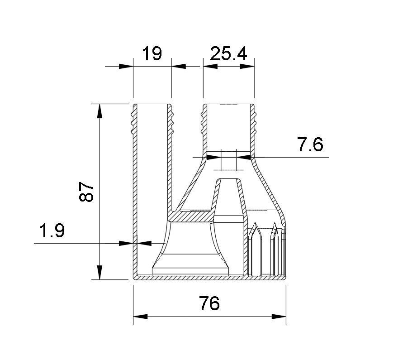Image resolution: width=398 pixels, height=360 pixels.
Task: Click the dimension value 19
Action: coord(152,53)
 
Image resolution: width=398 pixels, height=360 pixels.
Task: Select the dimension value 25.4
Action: coord(228,54)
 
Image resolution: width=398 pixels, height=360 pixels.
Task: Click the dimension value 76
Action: coord(209,303)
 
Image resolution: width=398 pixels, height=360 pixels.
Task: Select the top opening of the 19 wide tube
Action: coord(152,105)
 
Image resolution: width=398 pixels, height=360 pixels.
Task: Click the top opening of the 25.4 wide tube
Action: coord(228,105)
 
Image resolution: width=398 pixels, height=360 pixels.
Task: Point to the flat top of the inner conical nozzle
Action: coord(228,180)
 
